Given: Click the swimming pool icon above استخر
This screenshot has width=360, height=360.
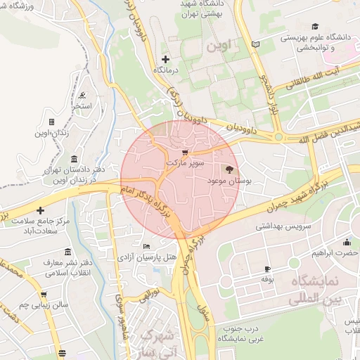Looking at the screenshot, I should [83, 95].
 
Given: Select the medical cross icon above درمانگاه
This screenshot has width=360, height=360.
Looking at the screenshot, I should [165, 59].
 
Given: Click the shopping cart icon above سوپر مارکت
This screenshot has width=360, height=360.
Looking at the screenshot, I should [185, 152].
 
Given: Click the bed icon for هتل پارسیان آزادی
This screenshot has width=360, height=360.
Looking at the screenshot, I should [146, 246].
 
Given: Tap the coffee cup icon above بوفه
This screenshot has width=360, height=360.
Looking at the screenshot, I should [267, 269].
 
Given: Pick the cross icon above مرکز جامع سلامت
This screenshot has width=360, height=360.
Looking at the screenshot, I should [41, 210].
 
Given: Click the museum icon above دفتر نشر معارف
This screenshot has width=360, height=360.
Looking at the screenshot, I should [67, 252].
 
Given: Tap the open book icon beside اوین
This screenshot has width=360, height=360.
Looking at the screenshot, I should [255, 44].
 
